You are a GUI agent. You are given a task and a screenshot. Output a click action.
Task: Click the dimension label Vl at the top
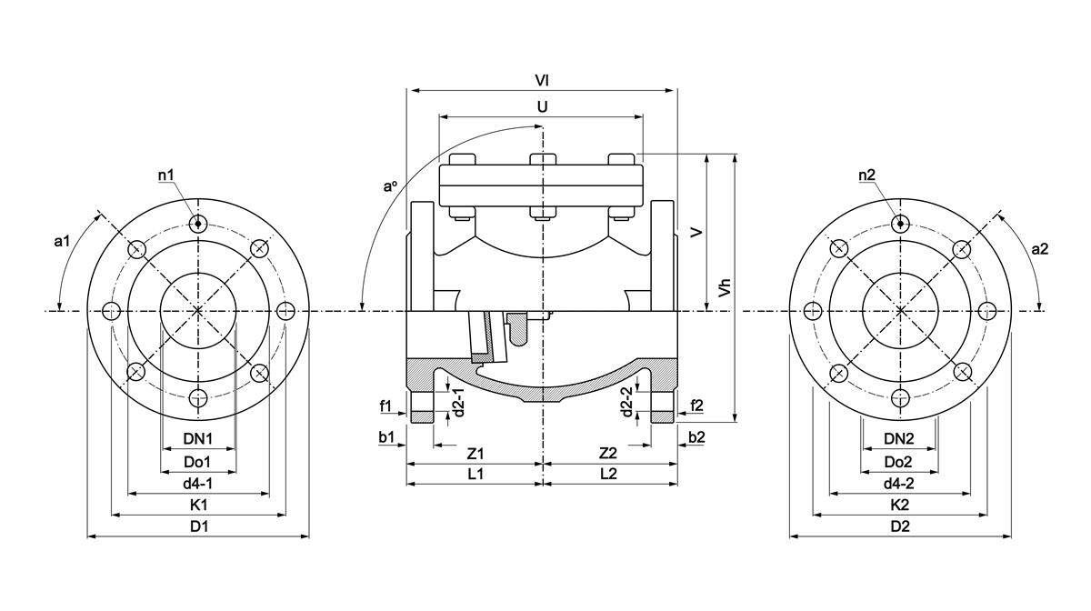click(x=542, y=80)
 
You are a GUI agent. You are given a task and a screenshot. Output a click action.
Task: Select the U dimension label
click(x=542, y=106)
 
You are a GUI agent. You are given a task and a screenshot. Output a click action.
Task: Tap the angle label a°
click(x=390, y=186)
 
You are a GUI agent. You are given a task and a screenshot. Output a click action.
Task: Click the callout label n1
click(x=167, y=174)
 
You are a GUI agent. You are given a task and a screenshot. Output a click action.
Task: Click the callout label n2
click(x=866, y=174)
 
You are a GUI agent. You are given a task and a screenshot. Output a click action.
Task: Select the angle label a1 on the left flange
click(x=62, y=241)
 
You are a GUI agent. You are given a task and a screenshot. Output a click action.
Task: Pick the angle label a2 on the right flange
click(x=1040, y=248)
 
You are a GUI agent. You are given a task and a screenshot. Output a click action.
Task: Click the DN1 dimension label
click(x=197, y=438)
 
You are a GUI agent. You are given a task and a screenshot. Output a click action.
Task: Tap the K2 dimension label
click(x=899, y=505)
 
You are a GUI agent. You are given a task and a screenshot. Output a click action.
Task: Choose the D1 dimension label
click(x=198, y=526)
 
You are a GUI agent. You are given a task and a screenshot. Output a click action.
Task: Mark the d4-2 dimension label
click(x=899, y=483)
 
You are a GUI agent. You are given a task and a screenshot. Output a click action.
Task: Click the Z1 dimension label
click(x=475, y=452)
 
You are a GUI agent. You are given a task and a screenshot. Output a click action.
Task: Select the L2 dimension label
click(x=608, y=474)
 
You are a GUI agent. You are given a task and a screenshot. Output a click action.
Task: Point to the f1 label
click(x=385, y=405)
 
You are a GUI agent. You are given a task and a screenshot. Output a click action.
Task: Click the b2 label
click(x=696, y=437)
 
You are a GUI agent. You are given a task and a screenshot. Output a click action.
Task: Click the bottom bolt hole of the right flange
click(x=899, y=397)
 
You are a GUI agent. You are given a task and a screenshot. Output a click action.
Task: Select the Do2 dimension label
click(x=899, y=461)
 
